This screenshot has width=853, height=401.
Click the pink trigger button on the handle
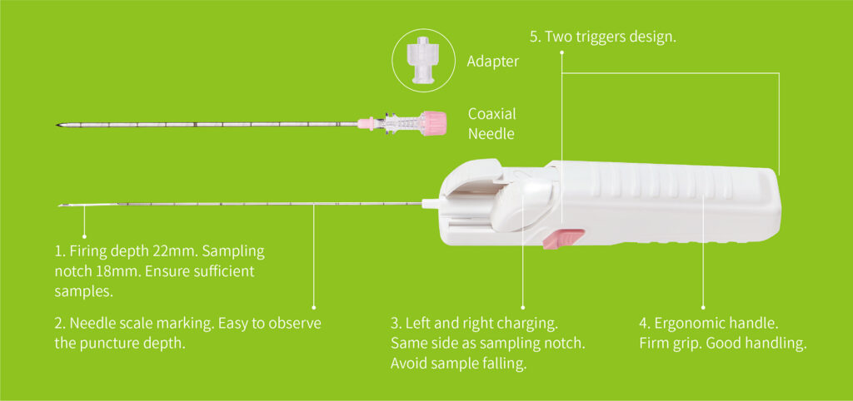point(563,239)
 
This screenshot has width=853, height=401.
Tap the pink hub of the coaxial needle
point(435,123)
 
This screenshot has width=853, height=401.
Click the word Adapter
point(493,62)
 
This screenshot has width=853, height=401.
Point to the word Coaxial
point(492,114)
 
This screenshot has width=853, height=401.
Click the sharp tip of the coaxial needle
point(57,126)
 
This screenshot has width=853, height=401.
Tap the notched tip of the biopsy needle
point(60,205)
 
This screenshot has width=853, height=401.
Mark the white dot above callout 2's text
point(314,307)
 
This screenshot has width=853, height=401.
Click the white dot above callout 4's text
point(703,307)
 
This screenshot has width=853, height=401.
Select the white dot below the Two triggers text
point(562,53)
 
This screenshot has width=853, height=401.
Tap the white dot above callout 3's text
point(523,307)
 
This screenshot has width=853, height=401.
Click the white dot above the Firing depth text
point(84,235)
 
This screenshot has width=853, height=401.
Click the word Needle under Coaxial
point(491,134)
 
